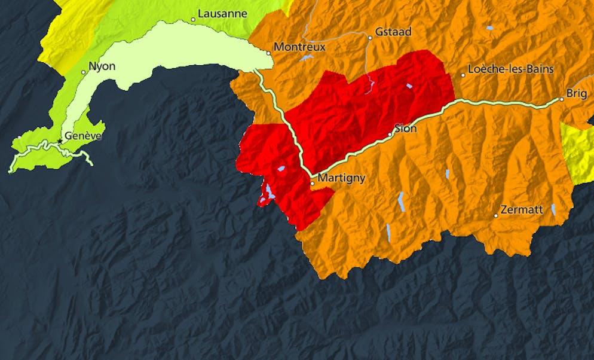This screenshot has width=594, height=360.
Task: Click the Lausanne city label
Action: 222,13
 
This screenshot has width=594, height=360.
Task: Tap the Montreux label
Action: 299,47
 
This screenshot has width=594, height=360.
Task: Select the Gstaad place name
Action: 393,32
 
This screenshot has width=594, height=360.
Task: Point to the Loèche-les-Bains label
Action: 511,69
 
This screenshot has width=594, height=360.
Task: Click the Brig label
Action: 577,93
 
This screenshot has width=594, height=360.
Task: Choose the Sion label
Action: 406,129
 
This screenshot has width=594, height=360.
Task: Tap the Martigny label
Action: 341,178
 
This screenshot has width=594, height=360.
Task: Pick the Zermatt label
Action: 522,210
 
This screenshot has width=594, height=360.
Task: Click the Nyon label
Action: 102,66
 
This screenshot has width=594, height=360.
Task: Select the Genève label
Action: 83,136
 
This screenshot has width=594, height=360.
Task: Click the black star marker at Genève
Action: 59,141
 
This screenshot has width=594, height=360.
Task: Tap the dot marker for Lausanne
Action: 193,20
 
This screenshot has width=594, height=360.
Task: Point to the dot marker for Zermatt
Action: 496,215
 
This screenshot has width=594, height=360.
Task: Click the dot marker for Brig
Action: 562,99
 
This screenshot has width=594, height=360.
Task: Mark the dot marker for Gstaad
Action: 370,38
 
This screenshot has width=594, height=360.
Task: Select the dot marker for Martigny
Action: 313,184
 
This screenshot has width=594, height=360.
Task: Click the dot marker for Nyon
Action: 84,72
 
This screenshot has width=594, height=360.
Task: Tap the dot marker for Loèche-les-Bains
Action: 463,75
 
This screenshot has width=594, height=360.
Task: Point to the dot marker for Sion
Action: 390,135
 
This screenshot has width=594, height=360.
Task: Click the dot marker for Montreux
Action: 269,53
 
